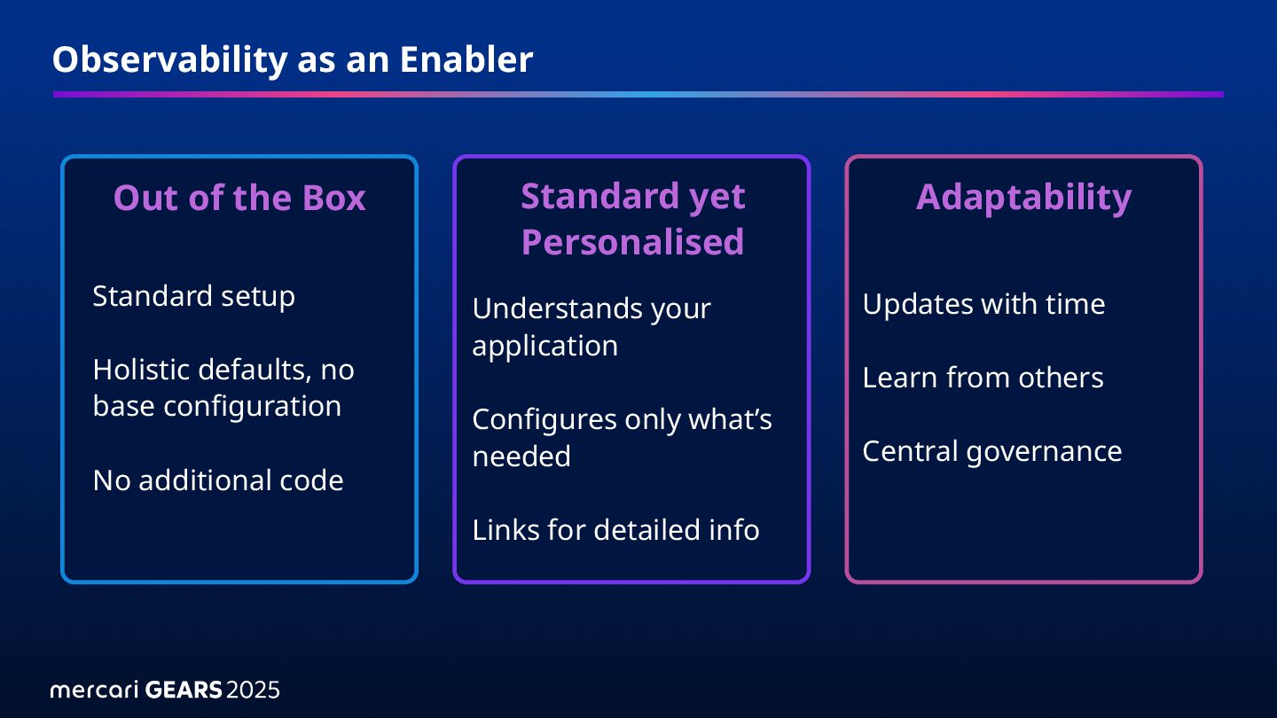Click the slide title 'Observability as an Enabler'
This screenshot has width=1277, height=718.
(293, 59)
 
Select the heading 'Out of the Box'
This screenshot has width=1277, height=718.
(239, 198)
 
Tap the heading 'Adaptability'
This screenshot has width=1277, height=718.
(1023, 197)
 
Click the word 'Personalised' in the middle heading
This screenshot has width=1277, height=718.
(632, 242)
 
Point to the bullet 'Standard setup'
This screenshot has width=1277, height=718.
(193, 296)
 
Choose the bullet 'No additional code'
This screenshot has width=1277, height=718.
(217, 480)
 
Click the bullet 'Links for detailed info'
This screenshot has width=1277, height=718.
(615, 530)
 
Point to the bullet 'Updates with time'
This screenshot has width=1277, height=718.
(983, 304)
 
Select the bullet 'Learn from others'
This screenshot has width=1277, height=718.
(983, 378)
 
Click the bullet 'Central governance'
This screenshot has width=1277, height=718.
(991, 451)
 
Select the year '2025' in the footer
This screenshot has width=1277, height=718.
(254, 690)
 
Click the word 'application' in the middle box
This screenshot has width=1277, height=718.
(544, 346)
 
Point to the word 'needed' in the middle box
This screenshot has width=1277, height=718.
(521, 457)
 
